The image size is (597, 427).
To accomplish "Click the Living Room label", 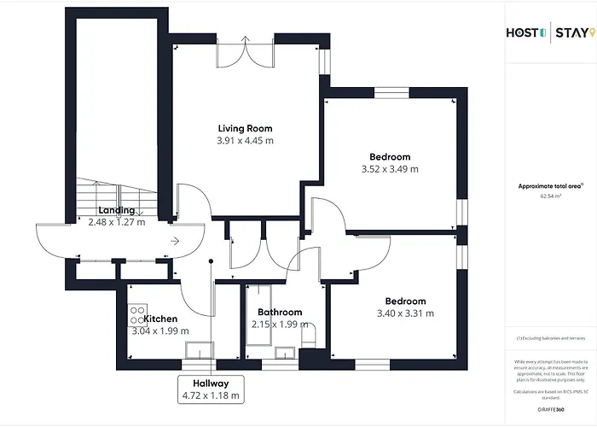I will [x=245, y=128].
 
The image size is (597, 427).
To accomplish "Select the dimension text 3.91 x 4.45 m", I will [x=245, y=140].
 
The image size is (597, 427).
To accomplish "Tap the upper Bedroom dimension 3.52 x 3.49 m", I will [x=390, y=168].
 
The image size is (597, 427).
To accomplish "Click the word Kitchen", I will [x=160, y=319].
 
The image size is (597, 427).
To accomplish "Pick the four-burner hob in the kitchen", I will [x=136, y=311].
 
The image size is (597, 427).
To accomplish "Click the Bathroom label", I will [x=277, y=313].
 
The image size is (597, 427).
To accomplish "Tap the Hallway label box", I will [x=210, y=389].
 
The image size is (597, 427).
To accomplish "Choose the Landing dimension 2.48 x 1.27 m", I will [x=117, y=222].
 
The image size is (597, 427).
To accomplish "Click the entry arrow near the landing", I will [x=175, y=242].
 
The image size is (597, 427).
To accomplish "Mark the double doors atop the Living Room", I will [x=245, y=50].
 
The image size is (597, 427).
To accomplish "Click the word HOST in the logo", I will [x=523, y=33].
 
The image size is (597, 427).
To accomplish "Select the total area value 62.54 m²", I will [x=551, y=196].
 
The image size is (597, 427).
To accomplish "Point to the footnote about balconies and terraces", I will [x=550, y=338].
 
